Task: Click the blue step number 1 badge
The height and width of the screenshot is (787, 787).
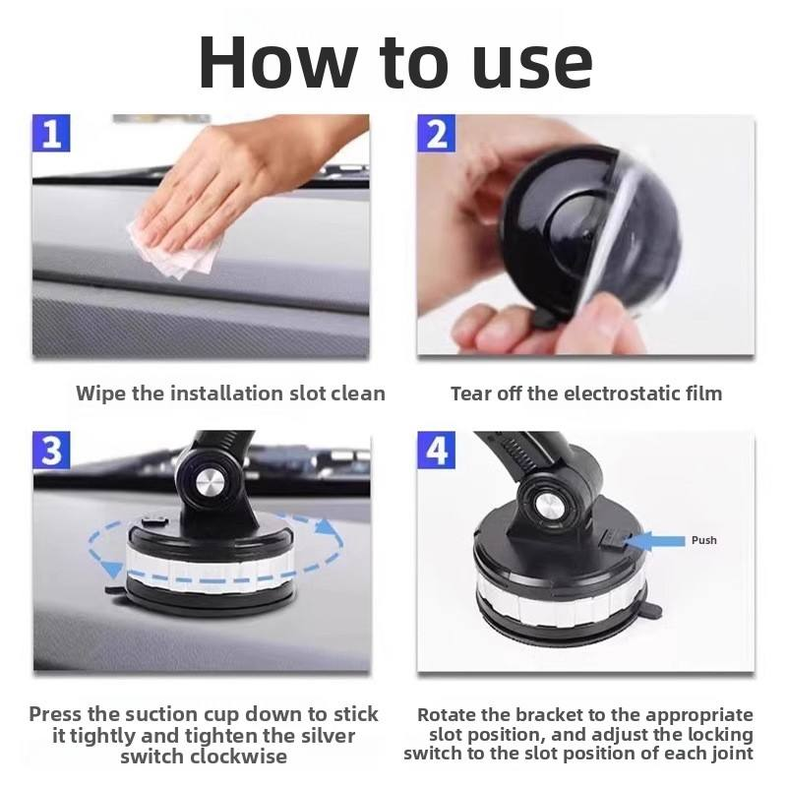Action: tap(51, 133)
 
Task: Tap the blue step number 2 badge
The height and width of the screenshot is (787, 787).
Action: tap(436, 133)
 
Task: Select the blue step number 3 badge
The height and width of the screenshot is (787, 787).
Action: tap(51, 451)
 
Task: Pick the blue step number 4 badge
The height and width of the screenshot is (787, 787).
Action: tap(436, 451)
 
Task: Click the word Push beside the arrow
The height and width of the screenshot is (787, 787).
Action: tap(703, 540)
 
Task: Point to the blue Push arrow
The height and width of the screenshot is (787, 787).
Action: tap(655, 541)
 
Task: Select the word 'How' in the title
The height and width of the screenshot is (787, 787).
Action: tap(277, 63)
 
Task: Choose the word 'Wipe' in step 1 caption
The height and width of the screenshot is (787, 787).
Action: tap(100, 394)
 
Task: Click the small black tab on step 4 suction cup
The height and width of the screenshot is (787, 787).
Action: tap(651, 611)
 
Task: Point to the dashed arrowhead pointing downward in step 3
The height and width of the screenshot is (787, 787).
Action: tap(112, 570)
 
